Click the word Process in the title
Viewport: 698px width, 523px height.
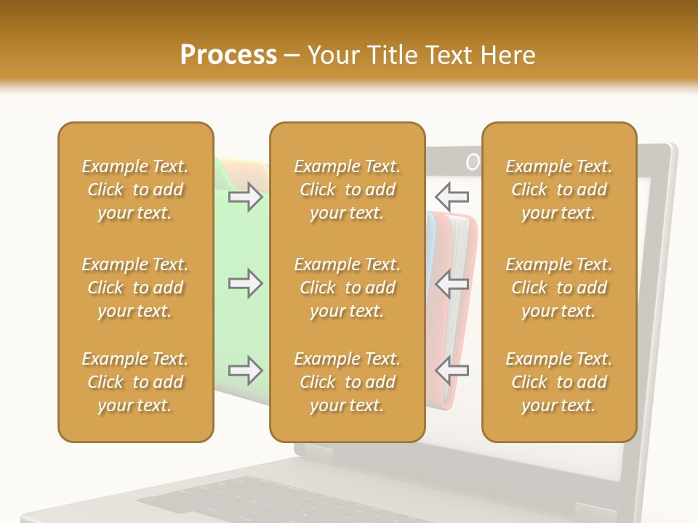(228, 55)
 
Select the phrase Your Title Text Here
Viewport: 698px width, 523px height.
(421, 55)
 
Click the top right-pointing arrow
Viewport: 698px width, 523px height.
(245, 197)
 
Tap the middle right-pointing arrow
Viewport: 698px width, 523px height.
(245, 283)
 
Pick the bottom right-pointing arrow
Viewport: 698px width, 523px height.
(245, 371)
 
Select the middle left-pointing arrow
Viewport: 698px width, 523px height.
(452, 283)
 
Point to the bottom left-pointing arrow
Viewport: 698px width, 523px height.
(452, 370)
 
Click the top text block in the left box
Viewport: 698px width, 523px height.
(135, 190)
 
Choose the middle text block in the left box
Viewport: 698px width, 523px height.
(135, 288)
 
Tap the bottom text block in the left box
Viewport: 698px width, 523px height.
(135, 382)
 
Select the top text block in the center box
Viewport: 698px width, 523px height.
(347, 190)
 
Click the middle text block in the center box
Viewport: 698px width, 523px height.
(347, 288)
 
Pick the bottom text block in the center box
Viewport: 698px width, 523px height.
(347, 382)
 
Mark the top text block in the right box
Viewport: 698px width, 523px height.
(559, 190)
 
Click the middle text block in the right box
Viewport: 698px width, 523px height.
(559, 288)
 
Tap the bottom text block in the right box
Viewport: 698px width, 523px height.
(559, 382)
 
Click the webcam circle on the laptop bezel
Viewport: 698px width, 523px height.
(473, 162)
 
